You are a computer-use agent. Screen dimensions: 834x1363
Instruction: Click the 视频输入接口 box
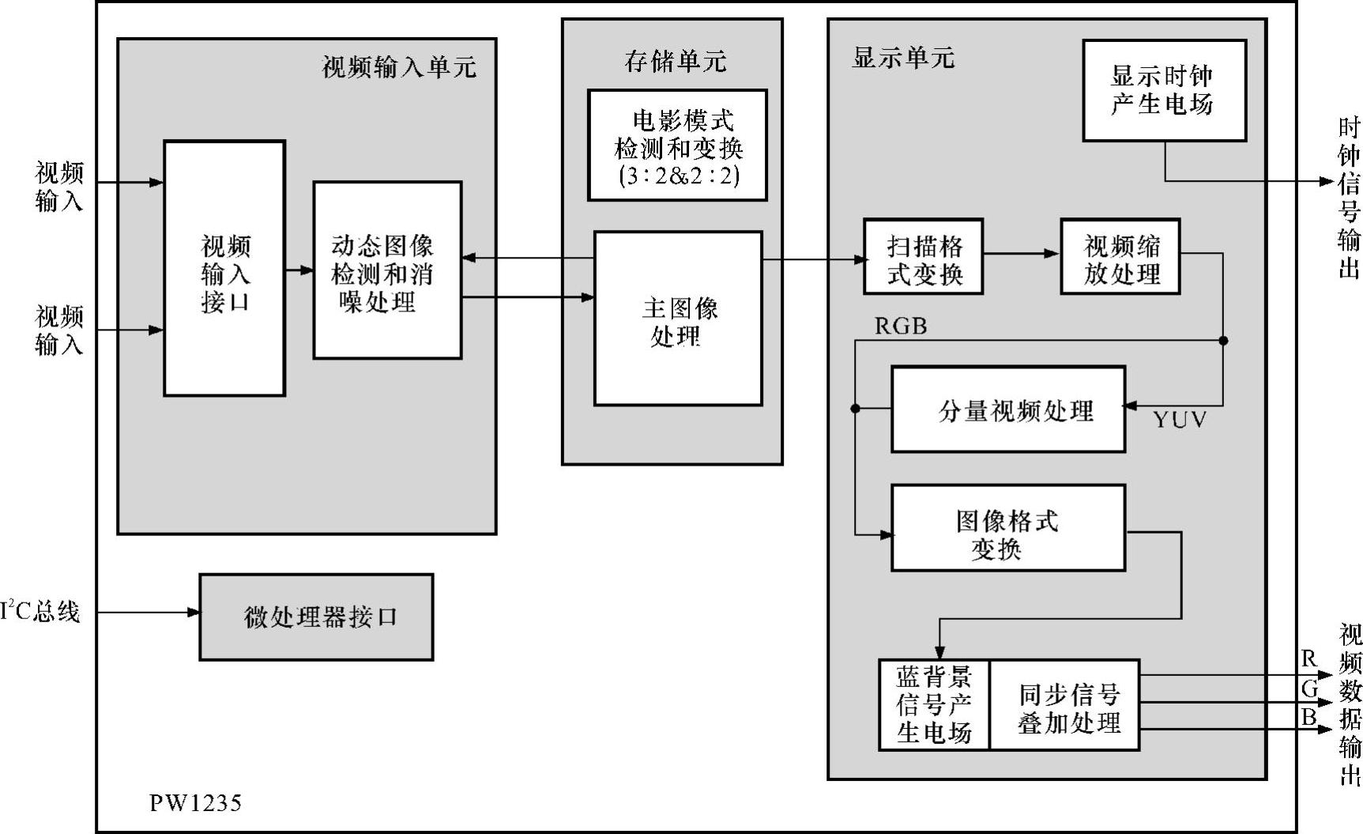click(224, 269)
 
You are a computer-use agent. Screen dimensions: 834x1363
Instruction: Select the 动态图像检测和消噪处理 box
click(387, 270)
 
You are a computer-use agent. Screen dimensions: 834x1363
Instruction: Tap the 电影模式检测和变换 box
click(677, 145)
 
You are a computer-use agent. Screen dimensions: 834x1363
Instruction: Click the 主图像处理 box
click(678, 319)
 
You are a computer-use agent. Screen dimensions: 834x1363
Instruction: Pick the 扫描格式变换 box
click(923, 257)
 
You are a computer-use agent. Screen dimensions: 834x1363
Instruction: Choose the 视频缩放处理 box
click(1120, 257)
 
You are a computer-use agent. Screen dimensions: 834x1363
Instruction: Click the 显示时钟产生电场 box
click(1164, 91)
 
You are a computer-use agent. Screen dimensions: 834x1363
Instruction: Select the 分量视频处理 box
click(1008, 409)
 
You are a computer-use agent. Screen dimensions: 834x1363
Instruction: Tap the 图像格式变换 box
click(1008, 528)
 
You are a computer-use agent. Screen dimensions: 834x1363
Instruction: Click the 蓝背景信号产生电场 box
click(934, 705)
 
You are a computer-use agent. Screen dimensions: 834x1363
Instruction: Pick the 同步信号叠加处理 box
click(1064, 705)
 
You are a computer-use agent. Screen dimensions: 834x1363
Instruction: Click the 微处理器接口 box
click(316, 617)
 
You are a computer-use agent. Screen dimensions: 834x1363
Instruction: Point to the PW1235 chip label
click(195, 803)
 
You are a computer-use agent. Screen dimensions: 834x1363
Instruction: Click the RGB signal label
click(901, 326)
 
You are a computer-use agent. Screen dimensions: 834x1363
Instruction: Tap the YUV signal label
click(1179, 420)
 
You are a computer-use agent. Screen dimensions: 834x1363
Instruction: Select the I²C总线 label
click(41, 611)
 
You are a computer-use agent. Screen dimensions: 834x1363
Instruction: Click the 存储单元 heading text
click(675, 61)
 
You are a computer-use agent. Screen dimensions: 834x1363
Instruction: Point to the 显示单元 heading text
click(902, 58)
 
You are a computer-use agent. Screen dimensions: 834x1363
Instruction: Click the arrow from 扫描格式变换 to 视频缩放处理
click(1022, 254)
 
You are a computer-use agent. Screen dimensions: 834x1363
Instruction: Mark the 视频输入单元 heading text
click(399, 67)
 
